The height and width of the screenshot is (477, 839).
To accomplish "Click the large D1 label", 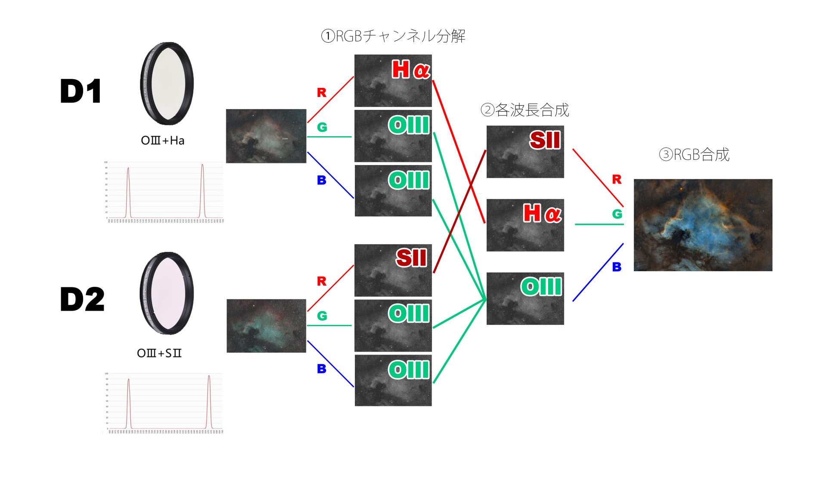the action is point(80,91).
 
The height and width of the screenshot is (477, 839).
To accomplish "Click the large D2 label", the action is point(82,299).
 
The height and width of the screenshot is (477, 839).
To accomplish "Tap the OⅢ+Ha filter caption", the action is point(163,140).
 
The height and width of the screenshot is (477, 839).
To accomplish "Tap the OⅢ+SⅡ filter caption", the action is point(159,353).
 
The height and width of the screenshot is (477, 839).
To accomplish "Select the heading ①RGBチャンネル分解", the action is point(393,36).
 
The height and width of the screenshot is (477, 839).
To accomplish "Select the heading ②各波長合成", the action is point(524,110).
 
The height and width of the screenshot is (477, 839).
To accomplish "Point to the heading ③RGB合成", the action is point(694,155).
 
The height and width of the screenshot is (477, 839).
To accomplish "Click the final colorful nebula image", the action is point(703,225).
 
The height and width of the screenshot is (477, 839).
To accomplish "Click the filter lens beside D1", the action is point(167,83).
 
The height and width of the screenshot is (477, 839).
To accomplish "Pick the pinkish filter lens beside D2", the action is point(167,293).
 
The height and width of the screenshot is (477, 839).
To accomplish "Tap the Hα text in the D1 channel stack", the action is point(410,69).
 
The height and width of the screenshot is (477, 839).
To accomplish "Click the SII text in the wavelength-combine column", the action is point(545,140).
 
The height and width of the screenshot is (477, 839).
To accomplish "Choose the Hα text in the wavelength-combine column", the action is point(542,213).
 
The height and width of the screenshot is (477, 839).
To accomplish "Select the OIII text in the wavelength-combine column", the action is point(541,287).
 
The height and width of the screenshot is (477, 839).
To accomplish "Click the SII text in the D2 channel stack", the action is point(411,258).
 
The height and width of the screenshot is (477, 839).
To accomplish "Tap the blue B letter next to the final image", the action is point(617,267).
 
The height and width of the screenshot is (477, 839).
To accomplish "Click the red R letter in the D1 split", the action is point(321,93).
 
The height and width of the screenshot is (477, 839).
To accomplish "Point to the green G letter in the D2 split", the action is point(322,316).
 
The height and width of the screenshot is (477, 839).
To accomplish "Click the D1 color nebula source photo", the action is point(266,136).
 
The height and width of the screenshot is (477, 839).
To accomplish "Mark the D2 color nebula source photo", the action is point(266,326).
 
